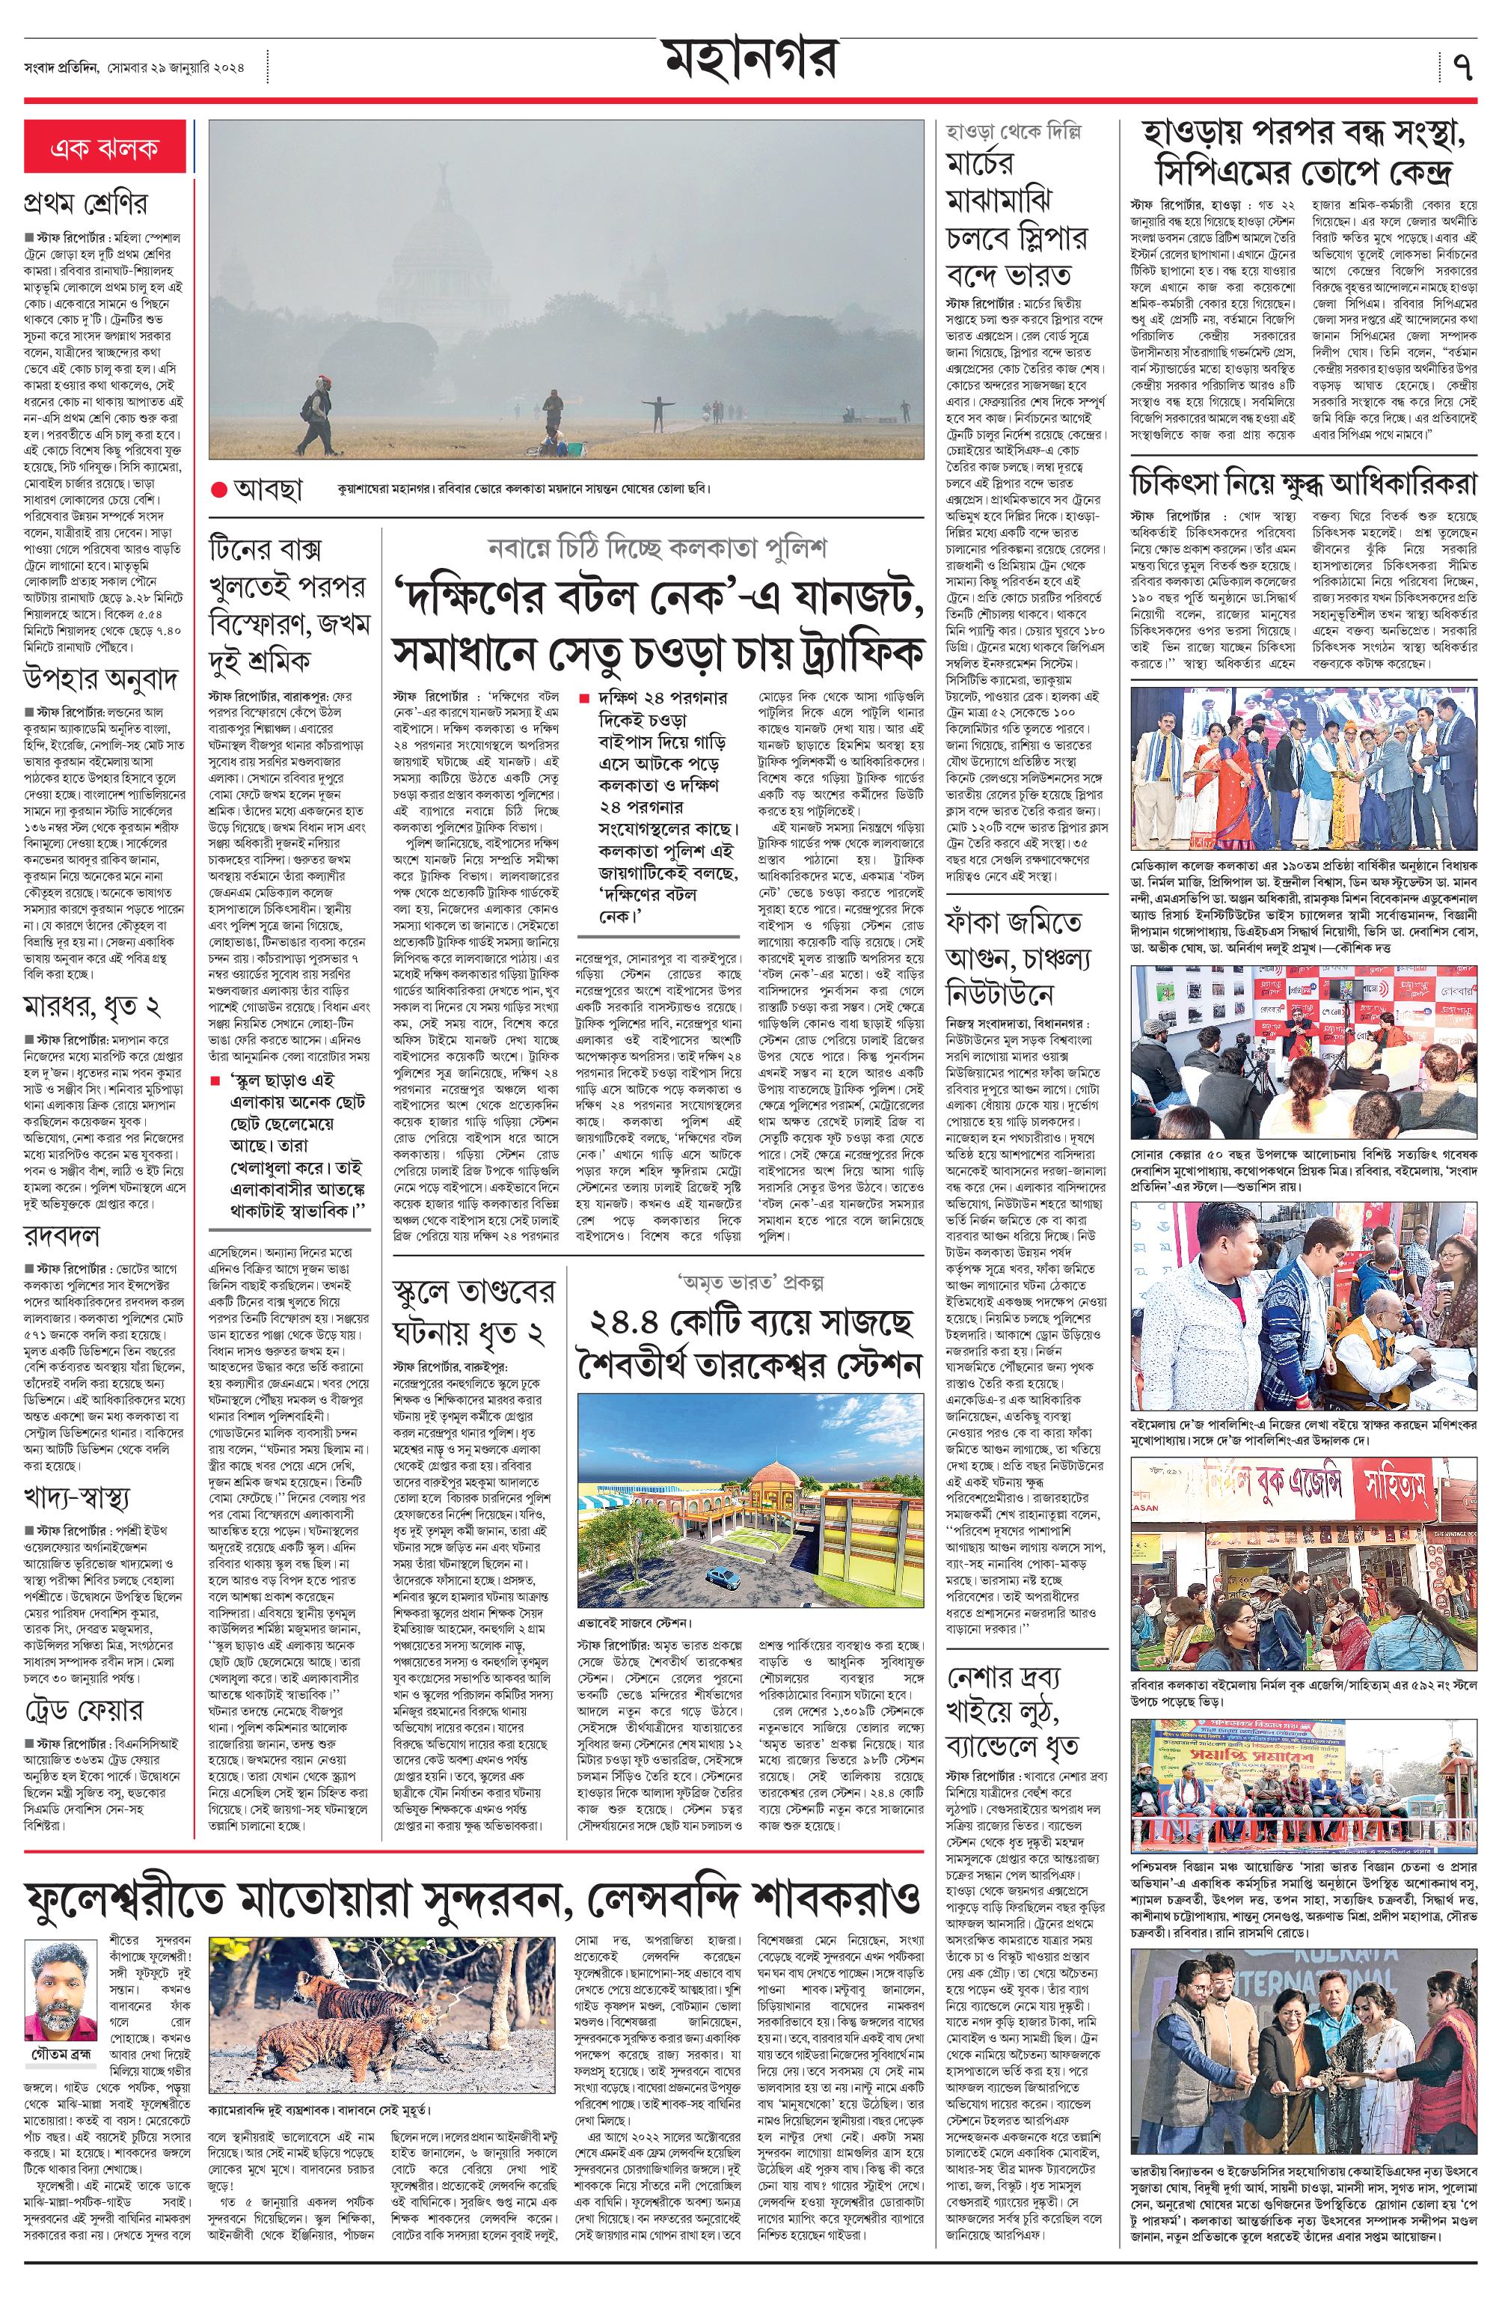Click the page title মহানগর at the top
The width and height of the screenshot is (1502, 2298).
tap(750, 60)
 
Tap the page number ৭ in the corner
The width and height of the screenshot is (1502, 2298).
tap(1462, 67)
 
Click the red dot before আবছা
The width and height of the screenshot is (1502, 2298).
tap(219, 489)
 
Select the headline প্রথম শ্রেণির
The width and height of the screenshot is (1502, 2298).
tap(86, 205)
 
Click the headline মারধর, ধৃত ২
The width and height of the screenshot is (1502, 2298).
tap(92, 1006)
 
